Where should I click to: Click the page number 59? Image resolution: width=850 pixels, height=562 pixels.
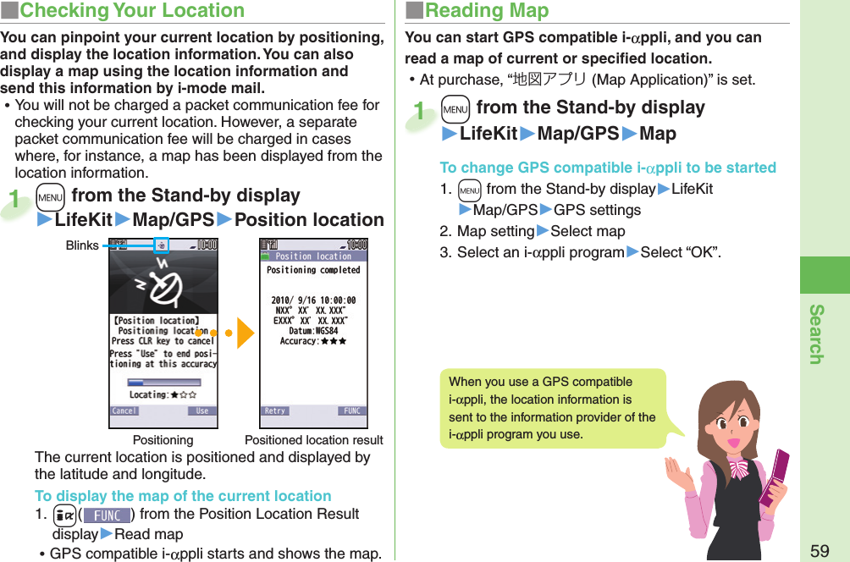coord(819,551)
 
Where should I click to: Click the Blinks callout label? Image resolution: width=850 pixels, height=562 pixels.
coord(82,245)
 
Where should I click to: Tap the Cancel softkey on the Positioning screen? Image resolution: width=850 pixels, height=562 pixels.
coord(124,410)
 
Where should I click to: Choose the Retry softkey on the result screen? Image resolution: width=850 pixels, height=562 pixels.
coord(275,410)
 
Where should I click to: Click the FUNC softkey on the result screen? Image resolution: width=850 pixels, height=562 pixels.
coord(351,410)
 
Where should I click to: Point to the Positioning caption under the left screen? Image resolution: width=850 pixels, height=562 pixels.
coord(163,440)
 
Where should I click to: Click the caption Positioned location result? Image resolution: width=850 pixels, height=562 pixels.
coord(313,440)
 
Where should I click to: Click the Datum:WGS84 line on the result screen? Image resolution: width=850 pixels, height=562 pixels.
coord(313,331)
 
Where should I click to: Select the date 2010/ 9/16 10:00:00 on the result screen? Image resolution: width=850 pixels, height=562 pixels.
coord(313,300)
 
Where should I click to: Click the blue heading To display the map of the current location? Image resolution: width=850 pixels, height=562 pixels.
coord(183,496)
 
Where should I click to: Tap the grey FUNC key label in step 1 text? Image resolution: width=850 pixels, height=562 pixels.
coord(108,515)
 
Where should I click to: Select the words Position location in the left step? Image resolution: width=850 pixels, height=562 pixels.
coord(309,220)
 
